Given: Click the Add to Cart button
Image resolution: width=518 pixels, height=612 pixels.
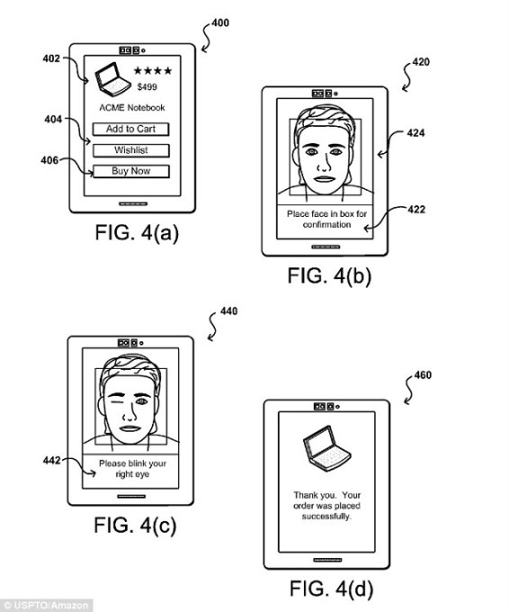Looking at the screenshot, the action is (130, 130).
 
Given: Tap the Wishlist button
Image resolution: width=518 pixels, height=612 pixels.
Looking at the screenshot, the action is (131, 150).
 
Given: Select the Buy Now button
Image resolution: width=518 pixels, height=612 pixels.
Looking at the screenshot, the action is (131, 171).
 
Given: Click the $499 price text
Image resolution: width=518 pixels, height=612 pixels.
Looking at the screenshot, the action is (147, 86).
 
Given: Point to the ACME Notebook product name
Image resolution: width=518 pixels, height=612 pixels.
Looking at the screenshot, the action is (132, 108).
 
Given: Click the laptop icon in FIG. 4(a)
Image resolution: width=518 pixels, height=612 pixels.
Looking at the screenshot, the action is (112, 79).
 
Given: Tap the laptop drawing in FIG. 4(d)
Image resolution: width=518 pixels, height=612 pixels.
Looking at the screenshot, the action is (326, 448).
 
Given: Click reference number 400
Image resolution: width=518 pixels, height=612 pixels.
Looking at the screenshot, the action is (220, 23).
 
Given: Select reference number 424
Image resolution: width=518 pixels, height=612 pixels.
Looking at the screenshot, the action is (415, 133).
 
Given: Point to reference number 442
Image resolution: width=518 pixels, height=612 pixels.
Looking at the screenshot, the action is (52, 461).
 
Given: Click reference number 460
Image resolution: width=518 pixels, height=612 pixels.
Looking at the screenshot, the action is (423, 375).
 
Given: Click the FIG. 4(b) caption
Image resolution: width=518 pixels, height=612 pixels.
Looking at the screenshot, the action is (329, 276).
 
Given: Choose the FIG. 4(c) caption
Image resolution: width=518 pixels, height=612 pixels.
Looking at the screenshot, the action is (135, 525).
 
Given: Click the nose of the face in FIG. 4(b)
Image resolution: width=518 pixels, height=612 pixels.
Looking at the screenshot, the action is (324, 164).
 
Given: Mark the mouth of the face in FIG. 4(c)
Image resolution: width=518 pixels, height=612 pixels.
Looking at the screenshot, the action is (129, 428).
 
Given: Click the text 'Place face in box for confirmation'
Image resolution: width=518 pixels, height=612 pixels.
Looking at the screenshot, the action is (326, 220).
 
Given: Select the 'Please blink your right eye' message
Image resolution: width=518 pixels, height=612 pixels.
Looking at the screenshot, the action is (132, 469).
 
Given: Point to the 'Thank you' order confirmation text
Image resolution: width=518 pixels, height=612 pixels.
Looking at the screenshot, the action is (326, 506).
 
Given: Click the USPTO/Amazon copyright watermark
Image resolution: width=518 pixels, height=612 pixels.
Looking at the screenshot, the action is (46, 606).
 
